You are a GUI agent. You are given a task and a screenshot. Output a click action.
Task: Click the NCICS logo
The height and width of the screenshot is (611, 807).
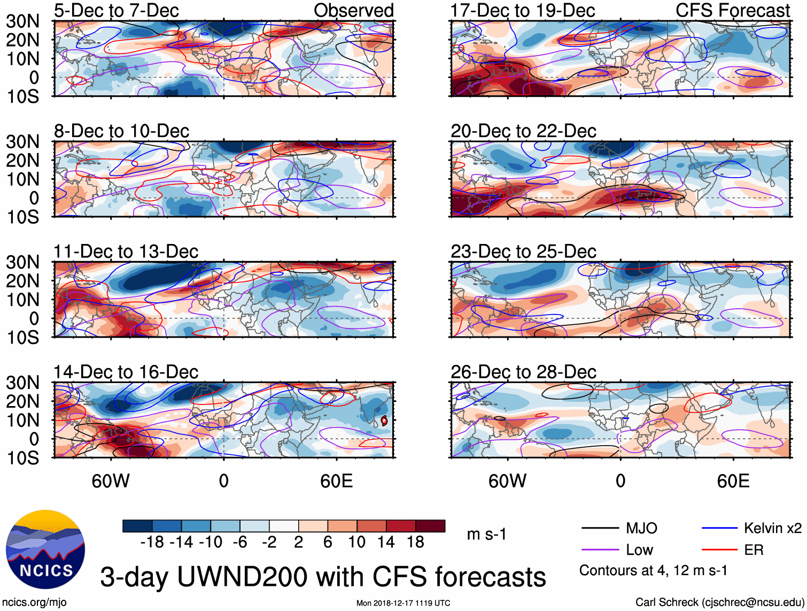(x=45, y=549)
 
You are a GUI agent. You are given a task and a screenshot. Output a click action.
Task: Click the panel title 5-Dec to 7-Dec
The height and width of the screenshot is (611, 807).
(x=116, y=11)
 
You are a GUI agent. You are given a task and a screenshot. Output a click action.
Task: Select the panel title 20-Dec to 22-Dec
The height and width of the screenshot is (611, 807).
(x=523, y=131)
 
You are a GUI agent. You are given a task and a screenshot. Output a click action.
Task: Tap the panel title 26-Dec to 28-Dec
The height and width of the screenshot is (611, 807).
(x=523, y=372)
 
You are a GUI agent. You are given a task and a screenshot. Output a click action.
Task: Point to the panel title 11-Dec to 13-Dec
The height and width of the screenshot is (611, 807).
(x=126, y=251)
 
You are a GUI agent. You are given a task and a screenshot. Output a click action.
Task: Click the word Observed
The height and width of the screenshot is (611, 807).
(x=353, y=11)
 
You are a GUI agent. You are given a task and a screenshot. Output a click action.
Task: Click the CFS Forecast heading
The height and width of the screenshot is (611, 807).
(x=732, y=11)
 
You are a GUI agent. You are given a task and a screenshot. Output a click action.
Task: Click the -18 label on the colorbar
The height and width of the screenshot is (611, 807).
(x=152, y=543)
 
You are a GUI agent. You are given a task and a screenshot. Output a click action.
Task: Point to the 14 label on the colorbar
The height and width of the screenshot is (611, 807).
(x=386, y=543)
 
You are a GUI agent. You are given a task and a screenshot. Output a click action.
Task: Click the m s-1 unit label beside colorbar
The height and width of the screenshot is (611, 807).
(x=486, y=534)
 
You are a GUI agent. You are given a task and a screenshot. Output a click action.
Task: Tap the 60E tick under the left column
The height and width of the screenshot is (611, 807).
(x=336, y=481)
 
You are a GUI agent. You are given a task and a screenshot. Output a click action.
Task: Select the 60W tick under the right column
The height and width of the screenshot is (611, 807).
(x=507, y=481)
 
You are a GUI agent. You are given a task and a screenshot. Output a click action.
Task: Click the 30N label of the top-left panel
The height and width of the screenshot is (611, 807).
(x=22, y=21)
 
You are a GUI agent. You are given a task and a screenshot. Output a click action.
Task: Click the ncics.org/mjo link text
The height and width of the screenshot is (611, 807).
(x=34, y=602)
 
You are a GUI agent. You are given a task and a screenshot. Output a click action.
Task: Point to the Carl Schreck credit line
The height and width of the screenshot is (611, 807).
(x=719, y=602)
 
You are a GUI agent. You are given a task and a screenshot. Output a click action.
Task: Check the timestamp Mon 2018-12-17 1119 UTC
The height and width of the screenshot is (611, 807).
(x=403, y=604)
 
